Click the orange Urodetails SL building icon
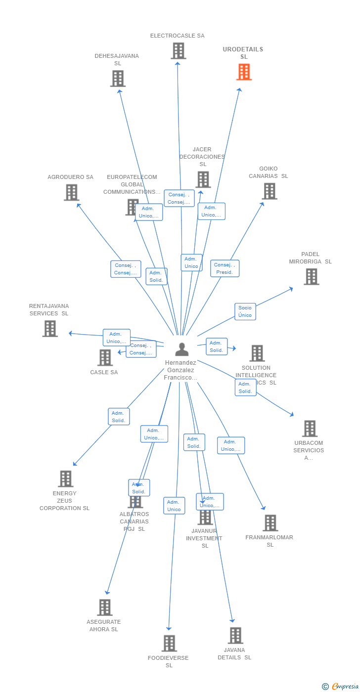point(244,72)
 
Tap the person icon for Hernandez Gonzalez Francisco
point(182,349)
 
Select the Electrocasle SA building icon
point(178,51)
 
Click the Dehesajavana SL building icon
point(118,79)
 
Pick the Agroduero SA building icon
point(71,192)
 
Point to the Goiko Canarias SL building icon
point(270,191)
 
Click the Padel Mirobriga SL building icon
point(311,277)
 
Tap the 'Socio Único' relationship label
point(245,311)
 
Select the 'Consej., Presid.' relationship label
point(225,268)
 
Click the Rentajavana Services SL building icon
point(50,329)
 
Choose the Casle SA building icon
point(105,357)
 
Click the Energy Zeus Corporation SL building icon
point(65,478)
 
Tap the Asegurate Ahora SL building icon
point(104,607)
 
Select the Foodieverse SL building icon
point(169,643)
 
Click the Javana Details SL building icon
point(235,636)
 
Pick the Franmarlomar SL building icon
point(270,523)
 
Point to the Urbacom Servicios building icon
point(310,429)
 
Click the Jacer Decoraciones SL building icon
point(203,179)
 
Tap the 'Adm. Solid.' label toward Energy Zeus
point(119,417)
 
